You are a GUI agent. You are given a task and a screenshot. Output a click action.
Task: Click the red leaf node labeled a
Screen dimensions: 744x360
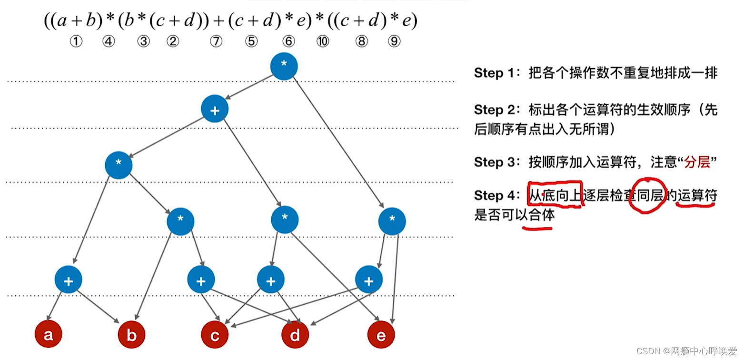(x=49, y=335)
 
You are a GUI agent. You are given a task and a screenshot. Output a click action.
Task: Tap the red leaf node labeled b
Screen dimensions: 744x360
(x=131, y=335)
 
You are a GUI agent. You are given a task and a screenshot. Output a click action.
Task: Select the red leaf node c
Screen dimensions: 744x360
(x=215, y=335)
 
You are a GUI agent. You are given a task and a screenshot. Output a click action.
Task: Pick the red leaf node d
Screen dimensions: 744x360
(x=295, y=335)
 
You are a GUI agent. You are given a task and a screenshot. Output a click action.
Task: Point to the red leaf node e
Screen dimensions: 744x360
(x=381, y=335)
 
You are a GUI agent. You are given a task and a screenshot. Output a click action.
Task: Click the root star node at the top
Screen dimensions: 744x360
(x=284, y=66)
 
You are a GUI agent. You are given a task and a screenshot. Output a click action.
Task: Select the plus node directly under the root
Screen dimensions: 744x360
(x=215, y=110)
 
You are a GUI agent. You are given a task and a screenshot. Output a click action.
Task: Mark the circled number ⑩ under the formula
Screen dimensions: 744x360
(x=323, y=42)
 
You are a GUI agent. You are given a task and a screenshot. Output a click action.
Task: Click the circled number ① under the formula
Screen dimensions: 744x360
(x=76, y=42)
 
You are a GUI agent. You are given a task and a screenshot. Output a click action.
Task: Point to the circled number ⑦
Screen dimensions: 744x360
(x=216, y=42)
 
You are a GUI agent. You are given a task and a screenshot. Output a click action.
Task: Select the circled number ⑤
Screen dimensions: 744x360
(x=251, y=42)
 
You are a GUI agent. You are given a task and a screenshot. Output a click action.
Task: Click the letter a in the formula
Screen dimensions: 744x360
(x=62, y=21)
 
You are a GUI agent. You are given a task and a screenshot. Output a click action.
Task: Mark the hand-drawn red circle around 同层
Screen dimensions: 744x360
(x=647, y=195)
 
